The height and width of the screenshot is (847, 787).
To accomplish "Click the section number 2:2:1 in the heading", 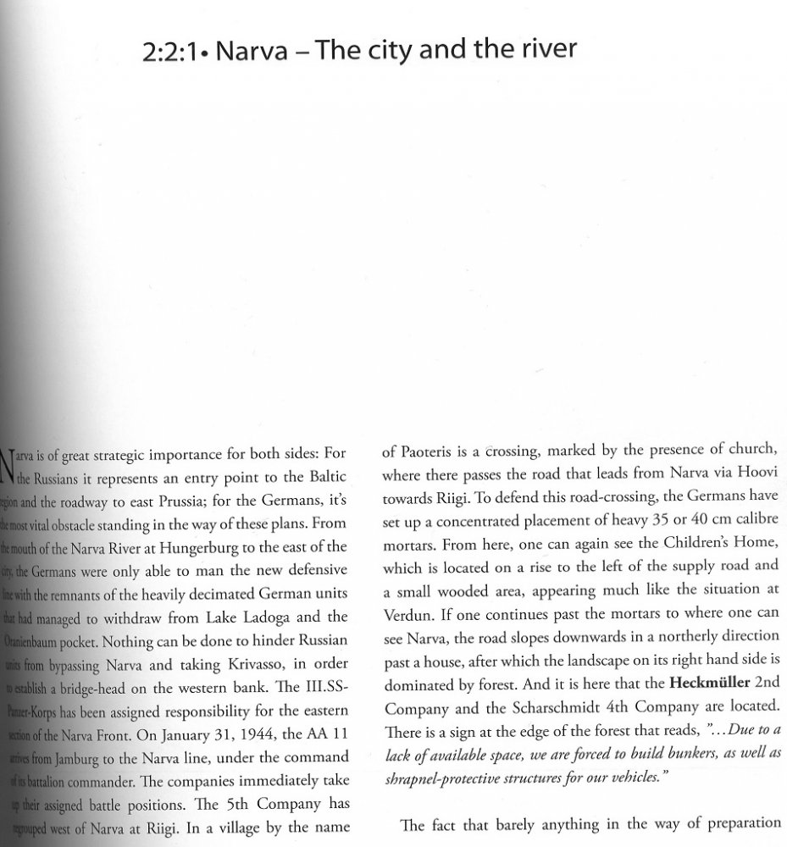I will point(172,53).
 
